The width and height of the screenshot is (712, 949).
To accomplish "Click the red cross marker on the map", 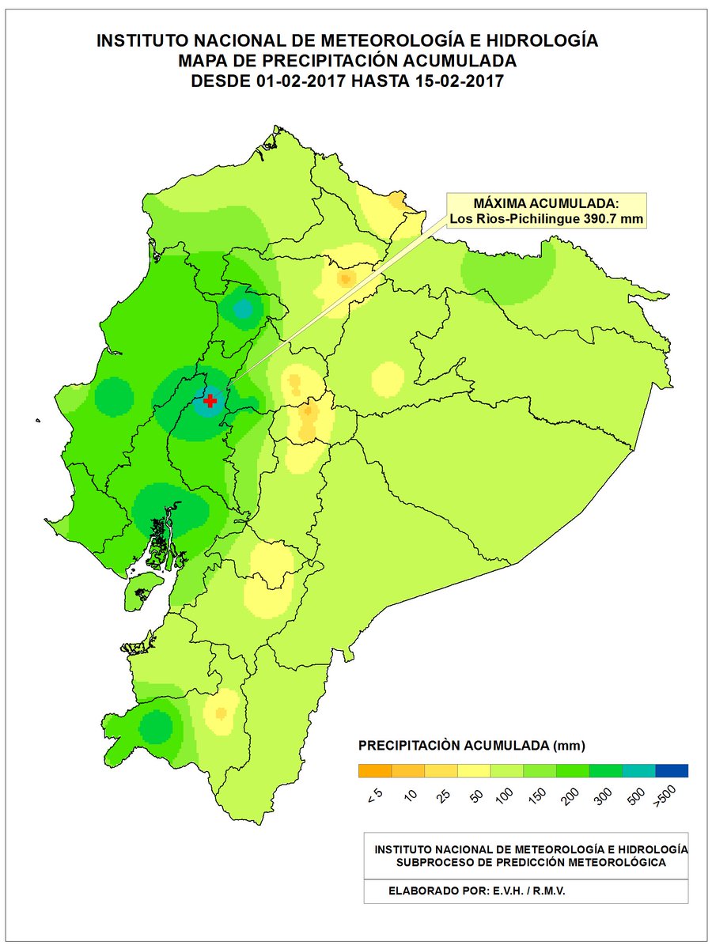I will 210,401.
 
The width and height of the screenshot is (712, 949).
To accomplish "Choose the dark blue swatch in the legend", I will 671,770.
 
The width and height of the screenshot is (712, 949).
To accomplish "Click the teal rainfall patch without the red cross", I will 242,308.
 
